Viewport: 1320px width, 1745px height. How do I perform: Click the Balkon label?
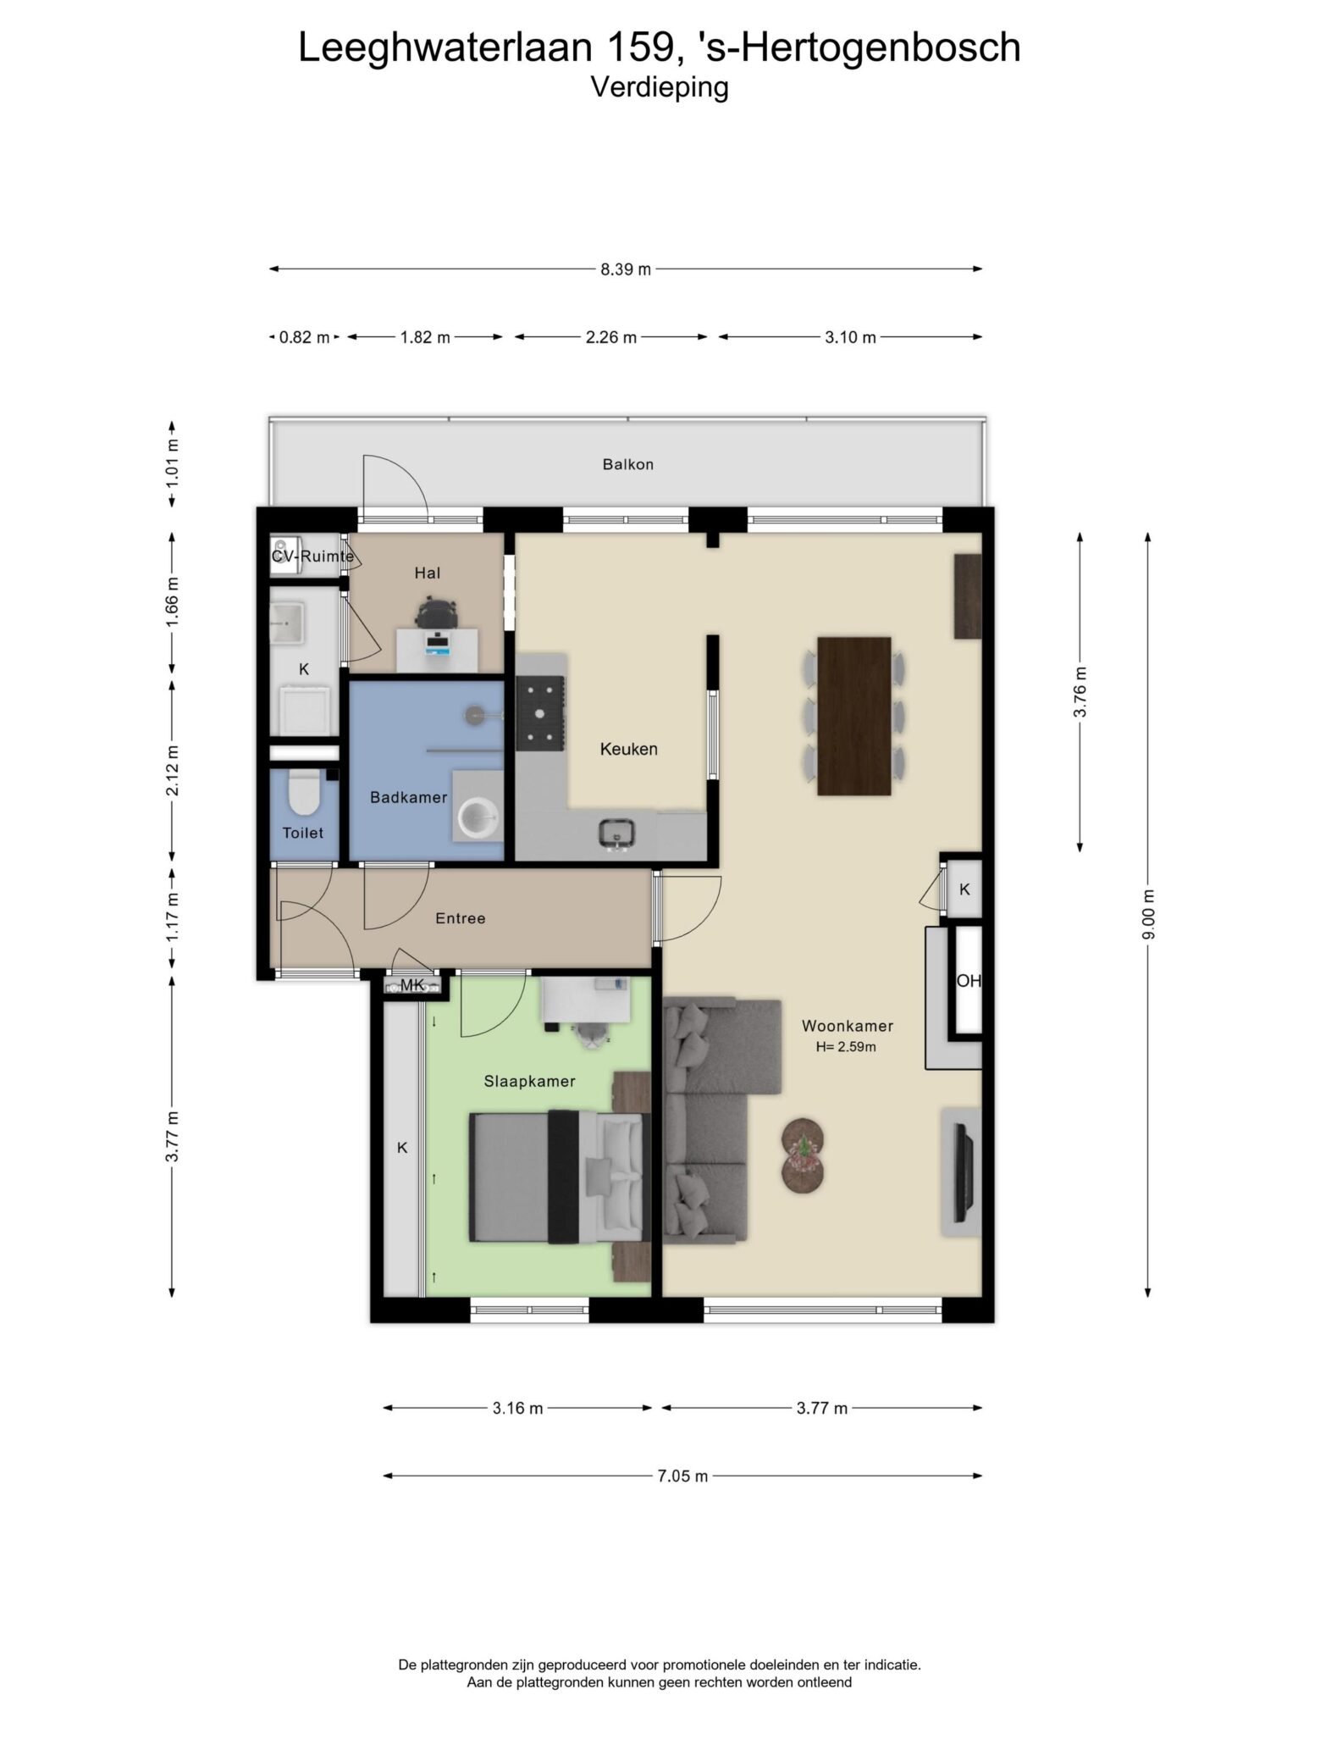(x=627, y=464)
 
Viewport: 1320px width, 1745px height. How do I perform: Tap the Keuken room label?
(x=628, y=749)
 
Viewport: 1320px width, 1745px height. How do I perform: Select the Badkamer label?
(x=408, y=797)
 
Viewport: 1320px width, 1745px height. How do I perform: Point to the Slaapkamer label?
(x=529, y=1082)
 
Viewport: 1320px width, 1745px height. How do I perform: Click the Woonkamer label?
(x=848, y=1026)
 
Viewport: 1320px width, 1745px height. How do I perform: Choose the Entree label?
(x=460, y=918)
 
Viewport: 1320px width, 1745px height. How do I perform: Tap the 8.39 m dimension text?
(x=626, y=269)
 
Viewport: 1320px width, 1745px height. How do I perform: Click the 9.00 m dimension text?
(x=1148, y=915)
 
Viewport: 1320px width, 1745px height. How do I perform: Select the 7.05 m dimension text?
(x=682, y=1476)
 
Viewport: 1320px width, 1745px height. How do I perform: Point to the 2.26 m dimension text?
(x=611, y=337)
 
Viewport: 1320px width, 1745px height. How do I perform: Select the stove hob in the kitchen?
(x=541, y=713)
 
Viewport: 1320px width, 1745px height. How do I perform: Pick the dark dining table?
(x=854, y=716)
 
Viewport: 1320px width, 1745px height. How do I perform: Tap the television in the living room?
(x=960, y=1172)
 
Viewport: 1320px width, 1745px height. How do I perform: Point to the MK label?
(x=412, y=984)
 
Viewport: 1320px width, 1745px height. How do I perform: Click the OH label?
(x=969, y=981)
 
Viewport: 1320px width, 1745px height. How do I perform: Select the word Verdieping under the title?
(x=660, y=87)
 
